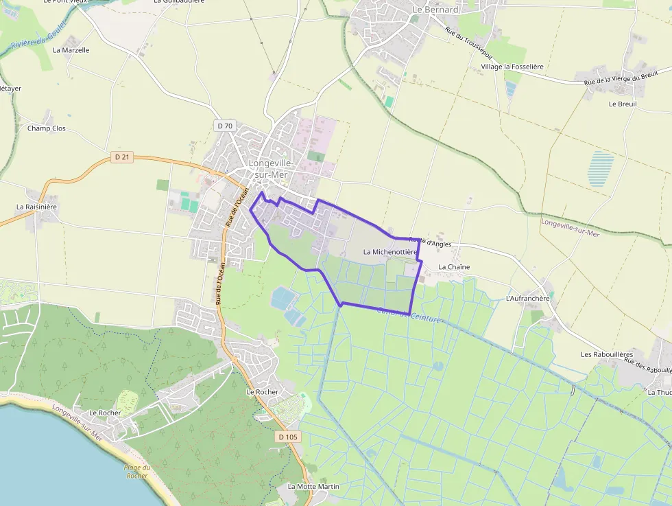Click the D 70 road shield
point(225,126)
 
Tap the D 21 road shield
point(122,157)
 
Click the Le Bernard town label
point(435,10)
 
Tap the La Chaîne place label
point(454,266)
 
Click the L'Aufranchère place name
point(527,299)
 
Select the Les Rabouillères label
point(605,354)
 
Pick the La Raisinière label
point(37,206)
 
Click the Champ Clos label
point(47,128)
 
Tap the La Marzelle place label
point(71,50)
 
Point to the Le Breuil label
point(623,104)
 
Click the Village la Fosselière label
point(512,67)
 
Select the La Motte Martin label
point(313,486)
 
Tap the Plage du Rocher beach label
point(137,472)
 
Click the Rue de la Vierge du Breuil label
point(621,77)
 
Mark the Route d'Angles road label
point(431,242)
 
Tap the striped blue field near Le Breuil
point(601,169)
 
